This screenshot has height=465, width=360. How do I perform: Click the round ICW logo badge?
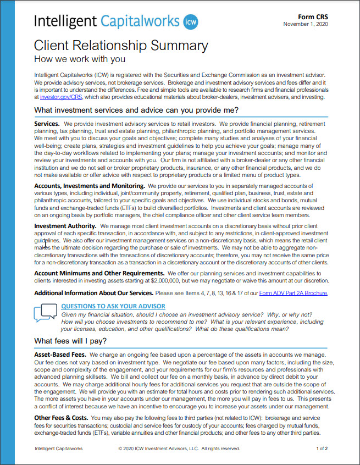pos(190,22)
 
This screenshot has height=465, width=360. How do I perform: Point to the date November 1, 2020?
pos(306,24)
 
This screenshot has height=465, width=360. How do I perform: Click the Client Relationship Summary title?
pos(121,46)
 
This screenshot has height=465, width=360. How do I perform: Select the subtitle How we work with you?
pos(79,59)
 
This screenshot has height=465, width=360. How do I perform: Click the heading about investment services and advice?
pos(136,110)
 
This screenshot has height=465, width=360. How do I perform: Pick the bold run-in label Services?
pos(47,124)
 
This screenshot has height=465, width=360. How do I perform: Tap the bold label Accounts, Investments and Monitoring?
pos(89,186)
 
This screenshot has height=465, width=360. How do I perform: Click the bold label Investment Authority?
pos(65,226)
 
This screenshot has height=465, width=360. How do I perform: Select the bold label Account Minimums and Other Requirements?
pos(99,273)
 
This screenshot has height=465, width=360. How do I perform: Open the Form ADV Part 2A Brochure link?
pos(293,293)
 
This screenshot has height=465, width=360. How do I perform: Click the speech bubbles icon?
pos(45,313)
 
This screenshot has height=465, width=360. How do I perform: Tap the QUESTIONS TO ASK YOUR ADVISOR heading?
pos(113,306)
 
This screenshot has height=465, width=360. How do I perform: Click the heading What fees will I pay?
pos(70,341)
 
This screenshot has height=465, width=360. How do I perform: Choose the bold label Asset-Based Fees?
pos(60,356)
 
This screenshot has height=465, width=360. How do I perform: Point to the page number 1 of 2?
pos(322,449)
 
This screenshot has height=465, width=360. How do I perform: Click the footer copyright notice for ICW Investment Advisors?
pos(179,449)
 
